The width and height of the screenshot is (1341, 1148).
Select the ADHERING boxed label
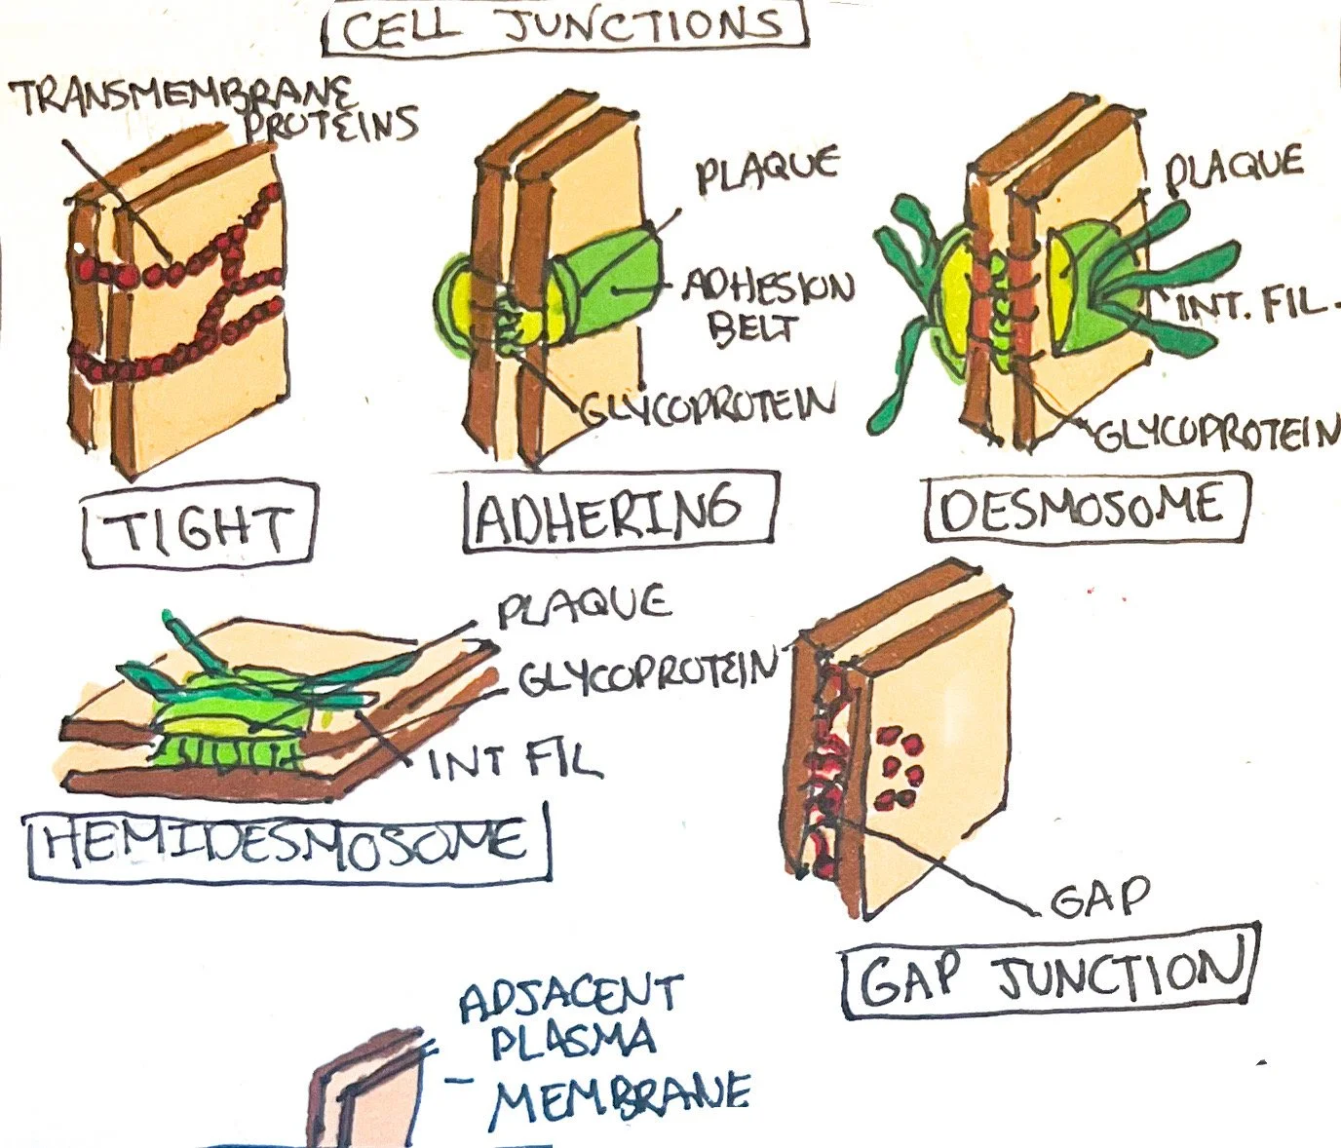(620, 512)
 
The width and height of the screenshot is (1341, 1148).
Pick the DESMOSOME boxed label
(1085, 508)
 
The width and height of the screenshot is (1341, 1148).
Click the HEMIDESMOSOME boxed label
(287, 840)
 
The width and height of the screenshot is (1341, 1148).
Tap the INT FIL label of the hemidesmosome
(515, 761)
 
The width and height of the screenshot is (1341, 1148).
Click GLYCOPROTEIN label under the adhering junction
(709, 405)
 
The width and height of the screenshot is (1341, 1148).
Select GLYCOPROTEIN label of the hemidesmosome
(648, 670)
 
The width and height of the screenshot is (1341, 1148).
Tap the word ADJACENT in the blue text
(571, 996)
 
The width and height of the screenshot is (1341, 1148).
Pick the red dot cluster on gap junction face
(899, 770)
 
